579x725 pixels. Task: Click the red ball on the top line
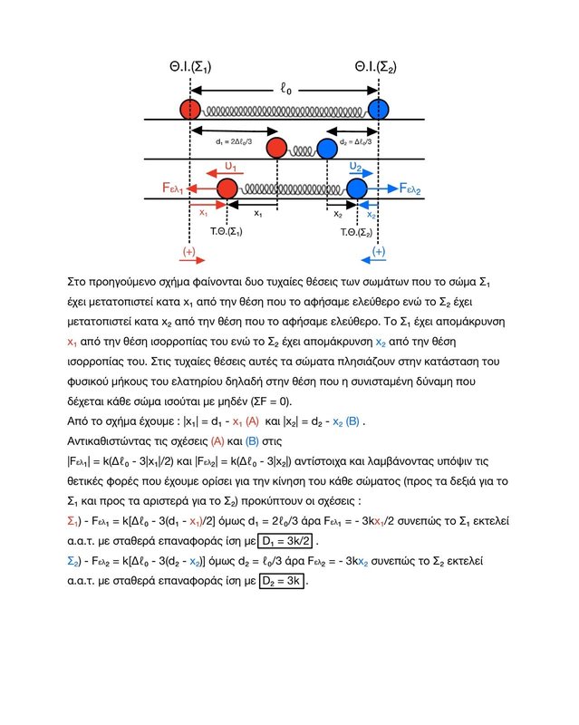coord(189,110)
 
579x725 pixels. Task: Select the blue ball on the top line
coord(379,110)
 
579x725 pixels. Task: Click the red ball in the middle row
coord(275,149)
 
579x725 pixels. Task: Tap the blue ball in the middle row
coord(326,149)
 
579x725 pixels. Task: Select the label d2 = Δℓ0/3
coord(354,142)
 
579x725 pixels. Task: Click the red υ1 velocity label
coord(230,168)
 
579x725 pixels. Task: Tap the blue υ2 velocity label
coord(355,168)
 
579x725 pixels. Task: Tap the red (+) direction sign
coord(188,251)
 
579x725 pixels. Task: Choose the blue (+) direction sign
coord(379,251)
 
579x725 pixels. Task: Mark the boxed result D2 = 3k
coord(282,581)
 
